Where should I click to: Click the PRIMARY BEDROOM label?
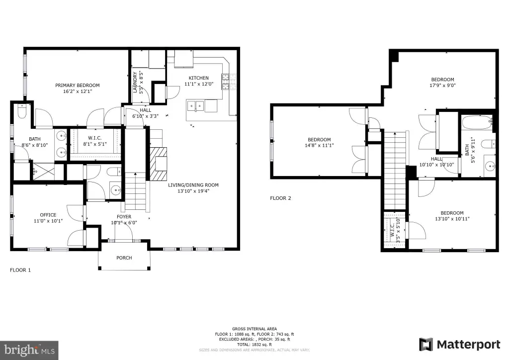[x=77, y=86]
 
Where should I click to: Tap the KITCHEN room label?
[x=199, y=78]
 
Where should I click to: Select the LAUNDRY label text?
[x=135, y=83]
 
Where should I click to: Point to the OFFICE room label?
[x=48, y=215]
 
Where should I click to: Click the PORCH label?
[x=124, y=258]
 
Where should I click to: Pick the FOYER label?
[x=124, y=216]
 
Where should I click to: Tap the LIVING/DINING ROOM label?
[x=193, y=185]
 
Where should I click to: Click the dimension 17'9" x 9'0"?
[x=442, y=86]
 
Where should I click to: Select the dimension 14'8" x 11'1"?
[x=319, y=145]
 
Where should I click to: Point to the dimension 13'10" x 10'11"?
[x=452, y=219]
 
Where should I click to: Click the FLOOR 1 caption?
[x=20, y=270]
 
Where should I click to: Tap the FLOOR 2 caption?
[x=280, y=198]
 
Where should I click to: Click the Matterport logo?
[x=460, y=345]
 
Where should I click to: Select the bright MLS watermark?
[x=29, y=350]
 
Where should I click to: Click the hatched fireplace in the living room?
[x=158, y=164]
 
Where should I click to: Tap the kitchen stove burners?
[x=229, y=82]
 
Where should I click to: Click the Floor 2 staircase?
[x=395, y=170]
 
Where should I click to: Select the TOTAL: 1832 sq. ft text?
[x=254, y=345]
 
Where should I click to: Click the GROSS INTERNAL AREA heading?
[x=254, y=329]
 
